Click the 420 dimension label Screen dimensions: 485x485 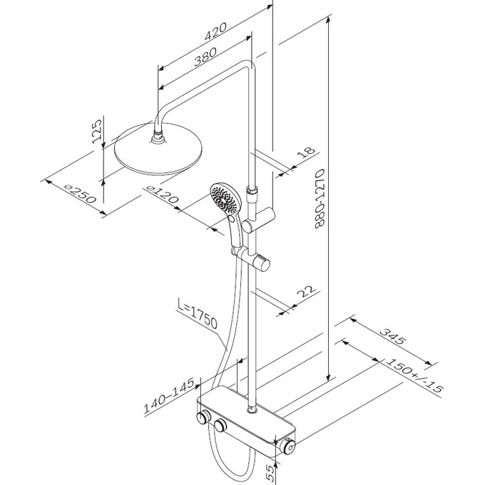pyautogui.click(x=215, y=31)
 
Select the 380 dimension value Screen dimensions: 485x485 pyautogui.click(x=205, y=57)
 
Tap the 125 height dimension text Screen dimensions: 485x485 pyautogui.click(x=97, y=131)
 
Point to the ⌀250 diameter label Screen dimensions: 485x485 pyautogui.click(x=80, y=193)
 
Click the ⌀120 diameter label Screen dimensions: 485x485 pyautogui.click(x=163, y=194)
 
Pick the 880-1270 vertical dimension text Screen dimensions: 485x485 pyautogui.click(x=320, y=198)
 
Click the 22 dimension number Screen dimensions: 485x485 pyautogui.click(x=307, y=291)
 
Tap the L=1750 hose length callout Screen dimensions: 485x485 pyautogui.click(x=198, y=313)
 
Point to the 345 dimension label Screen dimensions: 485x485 pyautogui.click(x=392, y=336)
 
